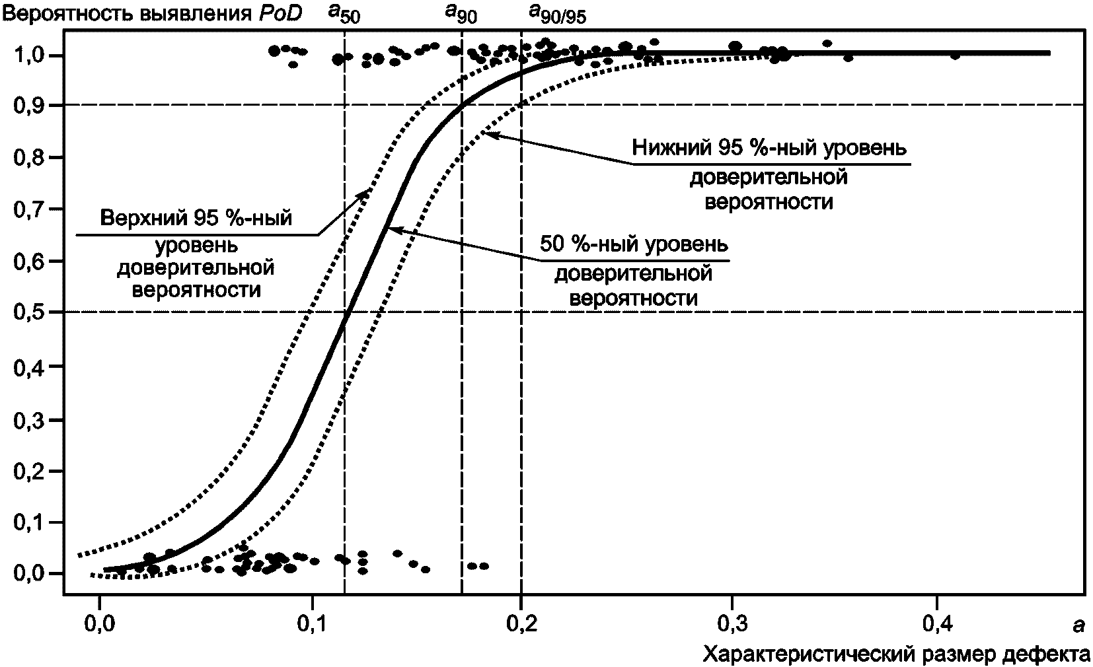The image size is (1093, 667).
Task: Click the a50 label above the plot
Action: tap(344, 15)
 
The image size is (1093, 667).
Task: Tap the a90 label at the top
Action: tap(461, 15)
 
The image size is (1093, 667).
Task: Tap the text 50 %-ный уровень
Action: tap(634, 244)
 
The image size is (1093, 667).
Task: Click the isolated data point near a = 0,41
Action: tap(955, 55)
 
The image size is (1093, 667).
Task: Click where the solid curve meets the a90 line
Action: tap(461, 106)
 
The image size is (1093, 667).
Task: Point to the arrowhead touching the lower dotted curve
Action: tap(484, 133)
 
